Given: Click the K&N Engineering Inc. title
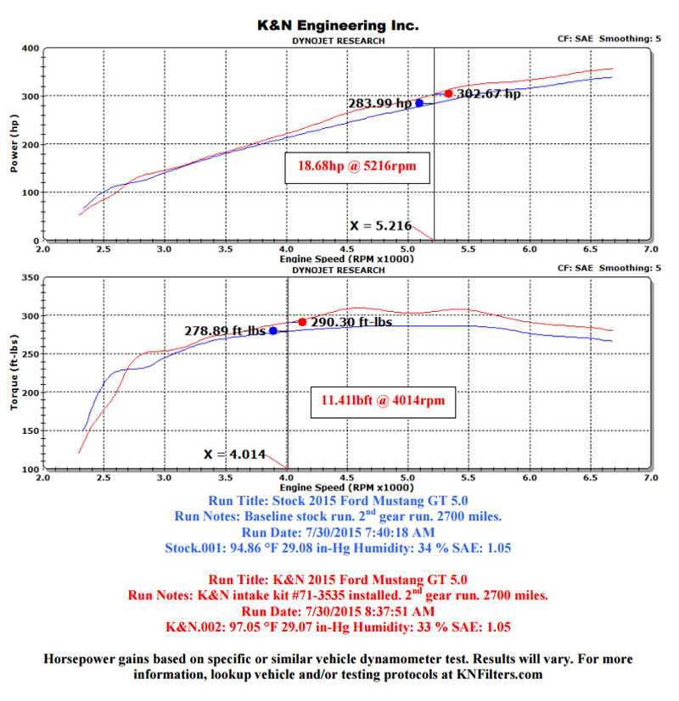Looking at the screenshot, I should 338,26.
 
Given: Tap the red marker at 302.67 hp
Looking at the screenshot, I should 448,93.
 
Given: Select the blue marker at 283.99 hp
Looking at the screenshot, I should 419,103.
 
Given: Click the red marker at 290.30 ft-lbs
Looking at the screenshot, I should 302,322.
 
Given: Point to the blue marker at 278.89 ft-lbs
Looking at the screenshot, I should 273,331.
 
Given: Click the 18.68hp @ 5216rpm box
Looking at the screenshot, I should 356,169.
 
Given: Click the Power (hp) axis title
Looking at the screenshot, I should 14,143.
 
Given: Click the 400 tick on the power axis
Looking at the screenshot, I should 29,48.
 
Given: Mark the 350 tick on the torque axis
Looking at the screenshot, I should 29,278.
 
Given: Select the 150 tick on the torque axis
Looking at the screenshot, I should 29,431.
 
